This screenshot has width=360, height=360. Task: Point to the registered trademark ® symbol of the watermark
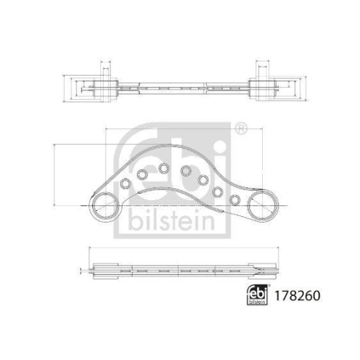click(x=240, y=130)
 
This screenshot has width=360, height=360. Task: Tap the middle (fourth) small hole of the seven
click(x=186, y=171)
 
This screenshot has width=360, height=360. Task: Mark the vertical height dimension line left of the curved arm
click(x=55, y=173)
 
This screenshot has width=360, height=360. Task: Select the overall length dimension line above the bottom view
click(x=180, y=248)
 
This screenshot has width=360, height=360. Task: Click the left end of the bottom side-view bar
click(x=90, y=272)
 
